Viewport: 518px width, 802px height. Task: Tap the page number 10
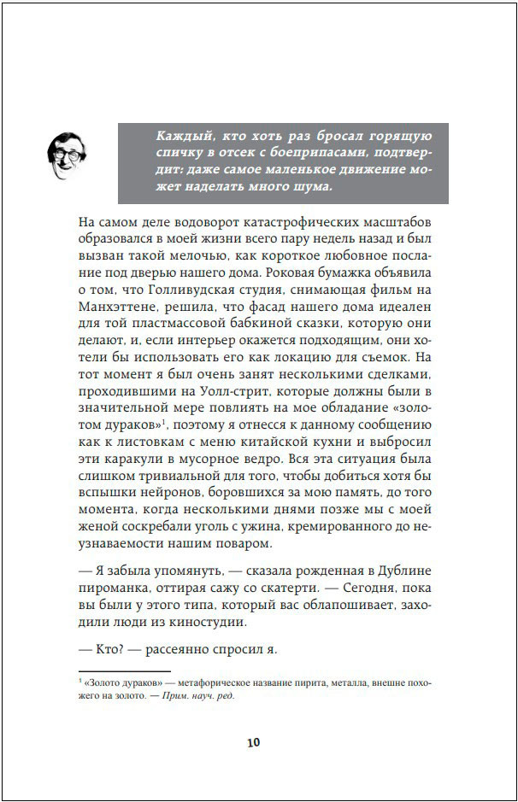click(x=253, y=741)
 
